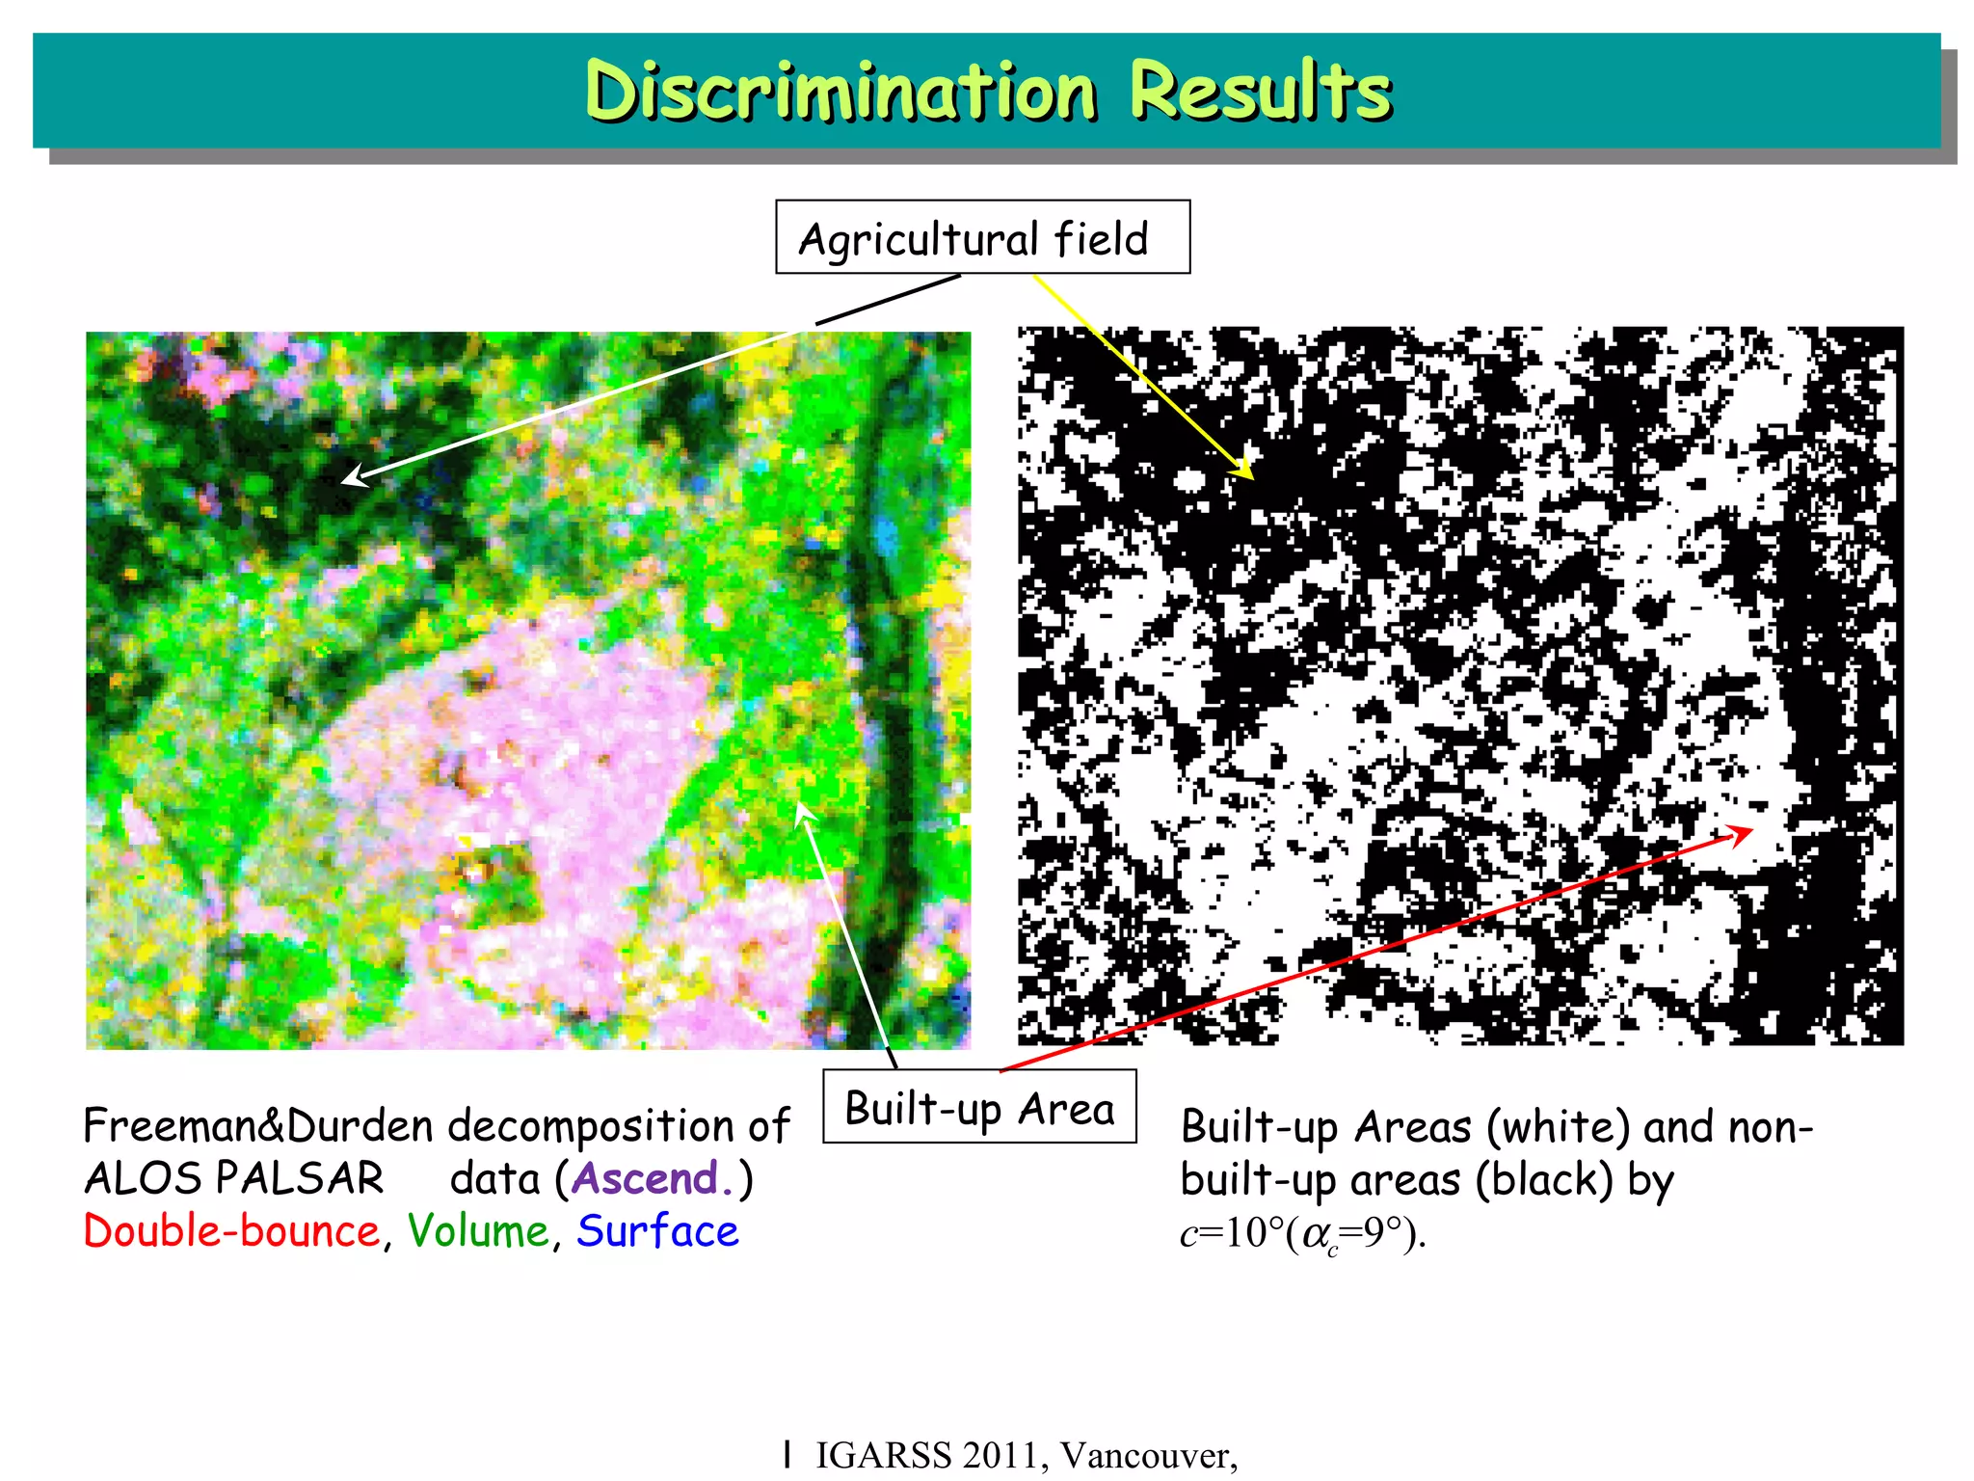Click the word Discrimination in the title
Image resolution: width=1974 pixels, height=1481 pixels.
[x=840, y=92]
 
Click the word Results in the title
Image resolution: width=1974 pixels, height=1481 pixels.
[x=1260, y=92]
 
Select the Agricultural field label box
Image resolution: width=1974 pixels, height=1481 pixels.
[x=982, y=237]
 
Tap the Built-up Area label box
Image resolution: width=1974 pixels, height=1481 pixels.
[x=979, y=1107]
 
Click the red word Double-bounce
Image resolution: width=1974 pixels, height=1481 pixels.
[x=232, y=1231]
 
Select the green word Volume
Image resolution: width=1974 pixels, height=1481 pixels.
[x=478, y=1231]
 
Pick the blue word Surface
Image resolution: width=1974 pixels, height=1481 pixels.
[x=657, y=1231]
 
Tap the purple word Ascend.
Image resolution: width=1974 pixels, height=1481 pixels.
[x=646, y=1178]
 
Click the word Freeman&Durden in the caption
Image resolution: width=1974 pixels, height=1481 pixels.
[x=258, y=1125]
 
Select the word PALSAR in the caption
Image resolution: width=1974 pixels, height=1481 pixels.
[x=300, y=1178]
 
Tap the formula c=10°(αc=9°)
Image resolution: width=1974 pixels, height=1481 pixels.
[x=1302, y=1233]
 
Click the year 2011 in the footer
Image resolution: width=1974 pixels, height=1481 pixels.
[x=1006, y=1455]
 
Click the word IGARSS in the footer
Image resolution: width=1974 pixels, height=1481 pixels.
[x=884, y=1455]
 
